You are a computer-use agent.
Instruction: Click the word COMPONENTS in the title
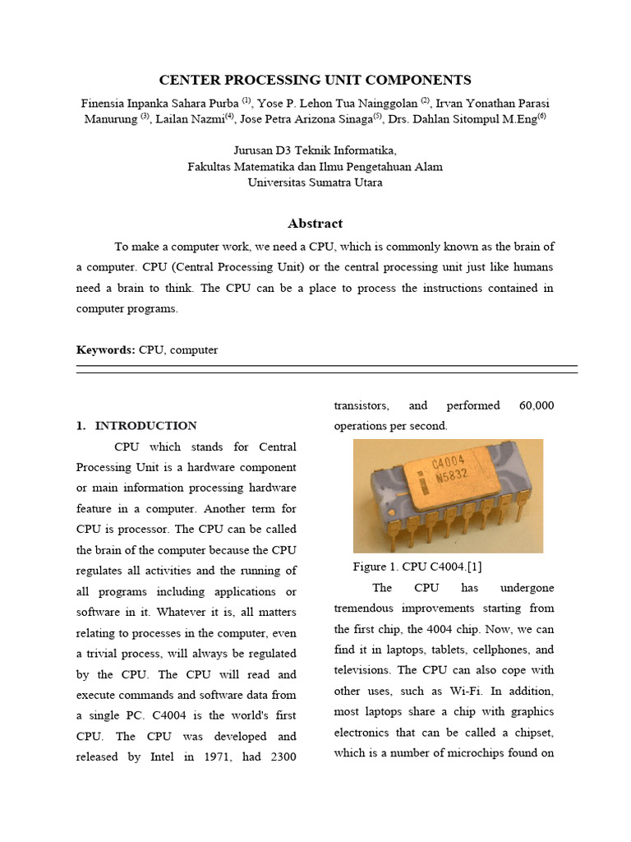point(413,80)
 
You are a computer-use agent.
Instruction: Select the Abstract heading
point(315,224)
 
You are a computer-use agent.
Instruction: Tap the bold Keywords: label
point(106,349)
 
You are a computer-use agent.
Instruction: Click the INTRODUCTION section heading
point(145,426)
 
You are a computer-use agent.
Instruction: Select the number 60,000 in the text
point(537,405)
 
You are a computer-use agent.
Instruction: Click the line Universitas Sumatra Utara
point(315,183)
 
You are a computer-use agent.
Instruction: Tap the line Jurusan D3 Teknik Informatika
point(315,150)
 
